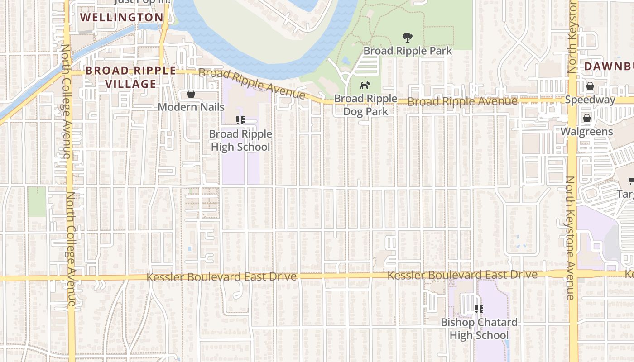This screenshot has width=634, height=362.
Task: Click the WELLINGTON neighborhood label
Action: pyautogui.click(x=122, y=18)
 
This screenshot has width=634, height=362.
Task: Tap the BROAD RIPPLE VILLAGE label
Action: pyautogui.click(x=131, y=77)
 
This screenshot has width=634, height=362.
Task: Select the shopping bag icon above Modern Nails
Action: pyautogui.click(x=191, y=94)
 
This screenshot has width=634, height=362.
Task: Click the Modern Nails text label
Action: pyautogui.click(x=191, y=107)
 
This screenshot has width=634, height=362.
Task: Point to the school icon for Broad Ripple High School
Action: pyautogui.click(x=240, y=120)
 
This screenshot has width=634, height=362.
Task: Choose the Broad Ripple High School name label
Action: pyautogui.click(x=240, y=140)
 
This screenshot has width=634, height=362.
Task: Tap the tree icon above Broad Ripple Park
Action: pyautogui.click(x=408, y=38)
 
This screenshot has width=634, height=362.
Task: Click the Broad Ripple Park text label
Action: pyautogui.click(x=408, y=51)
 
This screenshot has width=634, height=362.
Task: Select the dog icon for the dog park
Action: pyautogui.click(x=365, y=85)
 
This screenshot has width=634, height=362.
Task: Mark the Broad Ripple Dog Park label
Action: pyautogui.click(x=365, y=105)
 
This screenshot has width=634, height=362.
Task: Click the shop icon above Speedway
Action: pyautogui.click(x=590, y=86)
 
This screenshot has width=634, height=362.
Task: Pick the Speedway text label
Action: pyautogui.click(x=590, y=100)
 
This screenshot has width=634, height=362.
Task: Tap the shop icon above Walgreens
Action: pyautogui.click(x=587, y=119)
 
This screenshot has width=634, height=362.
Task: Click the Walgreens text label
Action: pyautogui.click(x=587, y=132)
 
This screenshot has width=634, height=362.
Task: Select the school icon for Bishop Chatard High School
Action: pyautogui.click(x=479, y=309)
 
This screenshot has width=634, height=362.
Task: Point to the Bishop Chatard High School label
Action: pyautogui.click(x=479, y=329)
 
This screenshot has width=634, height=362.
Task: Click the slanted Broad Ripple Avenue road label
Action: pyautogui.click(x=252, y=83)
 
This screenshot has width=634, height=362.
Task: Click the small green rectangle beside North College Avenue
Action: pyautogui.click(x=37, y=202)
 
